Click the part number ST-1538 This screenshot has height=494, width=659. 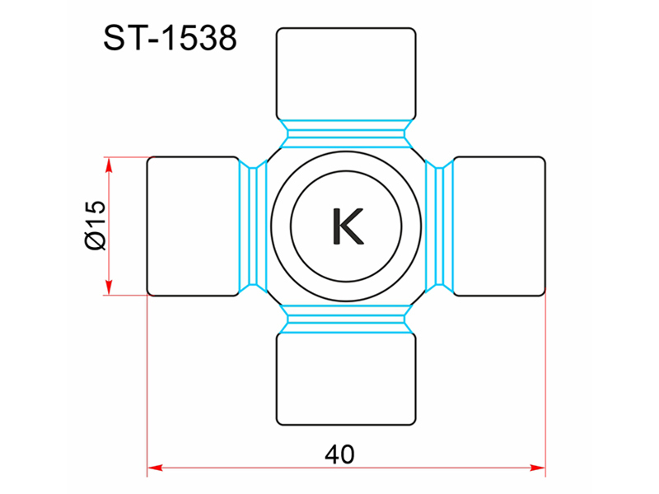pos(171,38)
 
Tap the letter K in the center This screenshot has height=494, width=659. pos(348,226)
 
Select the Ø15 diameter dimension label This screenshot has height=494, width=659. pos(96,226)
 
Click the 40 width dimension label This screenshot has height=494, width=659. pos(339,454)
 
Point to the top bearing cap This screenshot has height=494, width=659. pos(346,74)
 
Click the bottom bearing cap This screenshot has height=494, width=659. pos(346,379)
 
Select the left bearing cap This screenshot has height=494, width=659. pos(194,226)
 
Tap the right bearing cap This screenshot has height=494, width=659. pos(499,226)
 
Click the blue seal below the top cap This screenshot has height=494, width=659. pos(346,134)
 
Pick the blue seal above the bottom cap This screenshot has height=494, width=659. pos(346,319)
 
